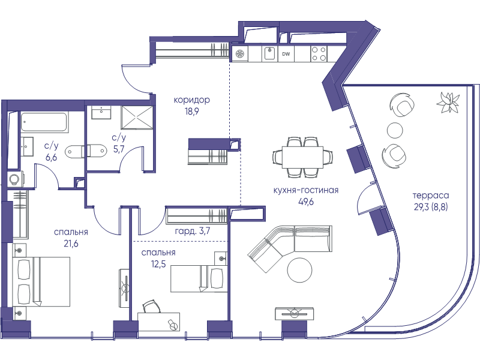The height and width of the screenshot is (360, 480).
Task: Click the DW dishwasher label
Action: (286, 54)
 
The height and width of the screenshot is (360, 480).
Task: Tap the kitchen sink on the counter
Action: (269, 53)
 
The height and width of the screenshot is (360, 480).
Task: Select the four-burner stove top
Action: (319, 53)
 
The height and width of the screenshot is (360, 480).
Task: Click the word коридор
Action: (191, 100)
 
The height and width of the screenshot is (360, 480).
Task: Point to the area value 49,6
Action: (306, 202)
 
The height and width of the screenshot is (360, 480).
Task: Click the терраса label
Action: (431, 196)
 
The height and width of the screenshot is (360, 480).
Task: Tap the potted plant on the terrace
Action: (448, 103)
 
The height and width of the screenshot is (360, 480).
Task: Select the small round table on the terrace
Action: (395, 130)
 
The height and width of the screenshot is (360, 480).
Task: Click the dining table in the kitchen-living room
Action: (303, 157)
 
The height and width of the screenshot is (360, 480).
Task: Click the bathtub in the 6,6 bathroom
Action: (44, 122)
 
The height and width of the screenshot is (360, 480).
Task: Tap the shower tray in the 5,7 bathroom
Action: (137, 117)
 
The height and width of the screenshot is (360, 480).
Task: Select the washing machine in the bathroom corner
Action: (14, 179)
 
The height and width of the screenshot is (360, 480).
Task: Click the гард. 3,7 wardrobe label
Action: (193, 230)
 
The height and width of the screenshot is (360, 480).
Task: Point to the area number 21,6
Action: (70, 244)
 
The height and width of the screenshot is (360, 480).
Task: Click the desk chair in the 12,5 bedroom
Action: (151, 307)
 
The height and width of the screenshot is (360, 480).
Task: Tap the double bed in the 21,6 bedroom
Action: (41, 281)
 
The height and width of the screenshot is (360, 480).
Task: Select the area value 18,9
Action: (191, 112)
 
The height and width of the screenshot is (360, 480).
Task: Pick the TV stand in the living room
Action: (294, 313)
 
